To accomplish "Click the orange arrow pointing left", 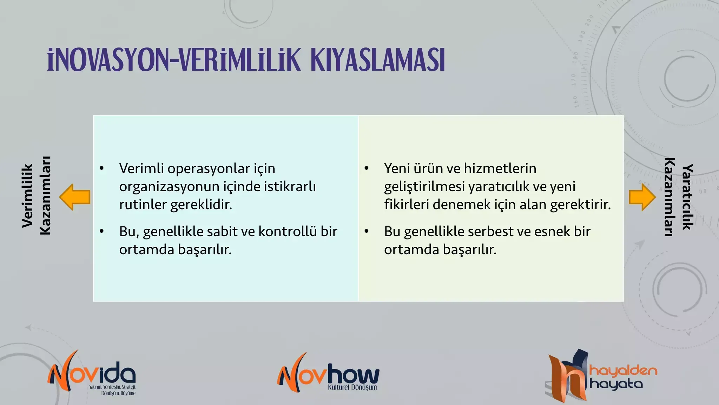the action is click(x=75, y=197).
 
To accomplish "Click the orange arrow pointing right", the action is click(x=642, y=197).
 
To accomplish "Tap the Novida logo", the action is click(x=92, y=373).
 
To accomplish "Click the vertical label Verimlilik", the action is click(x=27, y=195).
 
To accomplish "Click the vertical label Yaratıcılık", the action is click(x=687, y=197).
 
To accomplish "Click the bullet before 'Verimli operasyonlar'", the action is click(x=102, y=168).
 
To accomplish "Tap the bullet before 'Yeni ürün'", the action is click(x=367, y=168).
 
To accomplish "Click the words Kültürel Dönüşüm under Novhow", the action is click(x=352, y=387).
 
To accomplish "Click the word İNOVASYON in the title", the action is click(x=108, y=60).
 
